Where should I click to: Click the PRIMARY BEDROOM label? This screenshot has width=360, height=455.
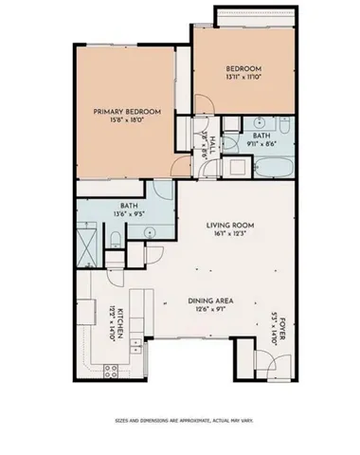click(126, 112)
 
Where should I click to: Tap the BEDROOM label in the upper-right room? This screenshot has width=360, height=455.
click(243, 68)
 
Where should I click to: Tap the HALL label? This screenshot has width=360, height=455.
click(211, 144)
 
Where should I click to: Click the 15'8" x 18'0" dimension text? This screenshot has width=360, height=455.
click(126, 120)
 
